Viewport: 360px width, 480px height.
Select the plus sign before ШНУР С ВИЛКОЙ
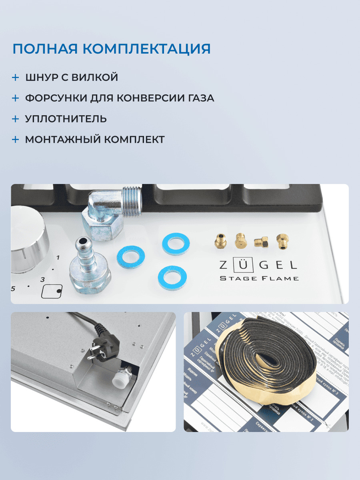[15, 77]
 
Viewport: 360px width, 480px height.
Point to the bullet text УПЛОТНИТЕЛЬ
[66, 119]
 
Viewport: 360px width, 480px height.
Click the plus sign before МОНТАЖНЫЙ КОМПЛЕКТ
[15, 140]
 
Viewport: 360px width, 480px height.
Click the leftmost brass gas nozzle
[220, 241]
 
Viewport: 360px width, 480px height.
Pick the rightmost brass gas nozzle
[282, 242]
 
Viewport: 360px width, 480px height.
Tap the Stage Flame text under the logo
[259, 278]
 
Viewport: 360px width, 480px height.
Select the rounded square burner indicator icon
[52, 291]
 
